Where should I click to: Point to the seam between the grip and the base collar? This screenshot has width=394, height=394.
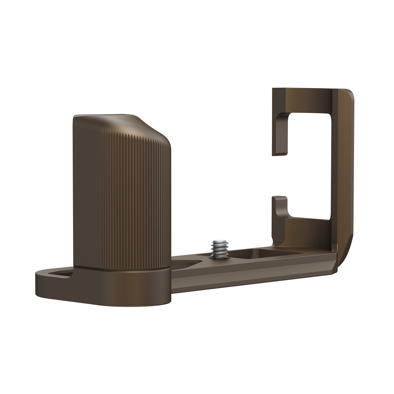click(123, 268)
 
